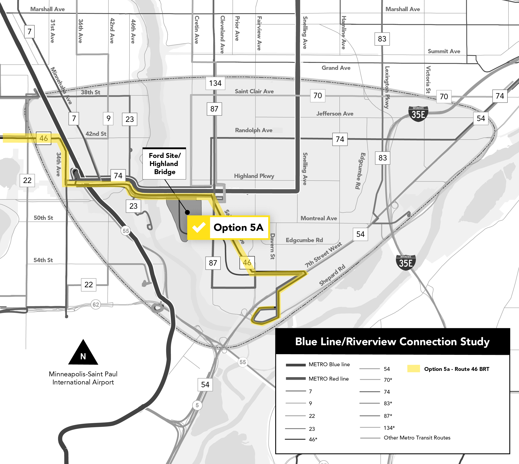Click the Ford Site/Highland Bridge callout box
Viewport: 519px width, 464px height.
[164, 164]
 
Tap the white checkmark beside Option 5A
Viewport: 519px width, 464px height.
[199, 227]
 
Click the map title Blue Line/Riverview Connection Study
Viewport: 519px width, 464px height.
[392, 342]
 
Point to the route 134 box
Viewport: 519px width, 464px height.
[215, 83]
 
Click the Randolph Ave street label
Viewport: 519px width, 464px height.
[254, 130]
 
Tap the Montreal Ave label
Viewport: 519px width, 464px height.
[319, 218]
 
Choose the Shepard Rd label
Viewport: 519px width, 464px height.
[332, 275]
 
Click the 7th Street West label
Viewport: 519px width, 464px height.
[323, 255]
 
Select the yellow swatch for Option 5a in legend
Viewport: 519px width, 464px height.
[414, 369]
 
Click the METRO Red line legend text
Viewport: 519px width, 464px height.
[329, 379]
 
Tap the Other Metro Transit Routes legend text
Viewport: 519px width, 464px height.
[417, 438]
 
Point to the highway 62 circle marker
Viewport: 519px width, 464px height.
[96, 304]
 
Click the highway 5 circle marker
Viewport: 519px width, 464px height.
[197, 405]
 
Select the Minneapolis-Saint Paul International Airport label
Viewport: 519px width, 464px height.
[83, 378]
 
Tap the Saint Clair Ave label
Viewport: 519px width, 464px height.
[254, 91]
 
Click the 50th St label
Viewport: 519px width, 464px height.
[43, 218]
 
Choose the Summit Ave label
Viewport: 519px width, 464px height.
[444, 51]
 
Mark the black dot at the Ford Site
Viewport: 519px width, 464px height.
[187, 212]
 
